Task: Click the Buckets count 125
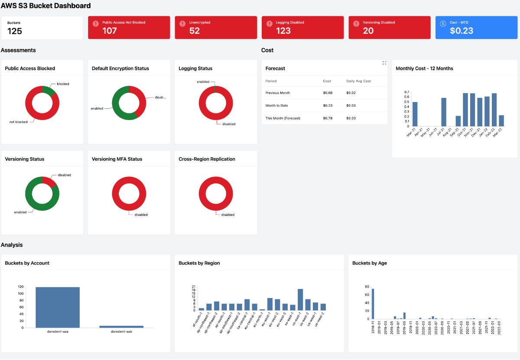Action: tap(15, 31)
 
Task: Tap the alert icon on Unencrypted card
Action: tap(182, 24)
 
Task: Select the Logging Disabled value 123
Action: tap(283, 31)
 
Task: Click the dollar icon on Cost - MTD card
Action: tap(443, 24)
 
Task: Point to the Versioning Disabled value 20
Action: tap(368, 31)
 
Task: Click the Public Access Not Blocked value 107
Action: tap(110, 31)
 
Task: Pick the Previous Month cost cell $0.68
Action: tap(327, 93)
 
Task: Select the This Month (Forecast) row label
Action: tap(283, 118)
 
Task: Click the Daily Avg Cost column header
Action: tap(358, 81)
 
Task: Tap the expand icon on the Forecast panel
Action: tap(384, 63)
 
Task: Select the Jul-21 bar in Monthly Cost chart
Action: tap(444, 112)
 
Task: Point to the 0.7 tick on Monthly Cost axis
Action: tap(406, 92)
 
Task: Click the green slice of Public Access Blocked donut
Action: tap(48, 90)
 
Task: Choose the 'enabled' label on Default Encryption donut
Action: tap(97, 108)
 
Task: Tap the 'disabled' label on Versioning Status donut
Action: tap(64, 175)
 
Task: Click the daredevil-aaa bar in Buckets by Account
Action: tap(58, 307)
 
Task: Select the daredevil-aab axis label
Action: tap(121, 332)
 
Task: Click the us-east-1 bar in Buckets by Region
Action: tap(300, 300)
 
